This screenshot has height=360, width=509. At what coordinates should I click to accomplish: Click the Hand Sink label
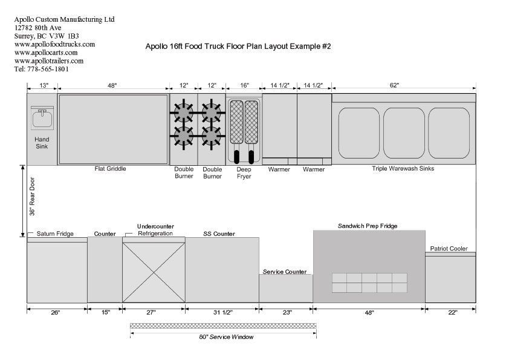[42, 143]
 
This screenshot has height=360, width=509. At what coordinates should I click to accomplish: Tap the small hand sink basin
[42, 117]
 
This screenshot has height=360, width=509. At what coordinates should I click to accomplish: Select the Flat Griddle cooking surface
[113, 129]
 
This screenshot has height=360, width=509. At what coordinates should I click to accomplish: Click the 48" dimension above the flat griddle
[112, 86]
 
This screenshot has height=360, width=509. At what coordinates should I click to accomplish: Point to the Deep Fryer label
[244, 173]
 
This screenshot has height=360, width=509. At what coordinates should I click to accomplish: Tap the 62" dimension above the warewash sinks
[394, 86]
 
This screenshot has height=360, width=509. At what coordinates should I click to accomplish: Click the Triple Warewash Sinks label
[403, 169]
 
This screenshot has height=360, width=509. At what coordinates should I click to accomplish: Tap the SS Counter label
[219, 234]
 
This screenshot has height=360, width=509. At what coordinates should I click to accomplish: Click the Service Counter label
[284, 272]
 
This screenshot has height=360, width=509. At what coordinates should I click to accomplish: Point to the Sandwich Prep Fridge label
[368, 226]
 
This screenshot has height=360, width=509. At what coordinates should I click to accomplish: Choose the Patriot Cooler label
[449, 249]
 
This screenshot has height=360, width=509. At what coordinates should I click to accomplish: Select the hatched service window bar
[223, 326]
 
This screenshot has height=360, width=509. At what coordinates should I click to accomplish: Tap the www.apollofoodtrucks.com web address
[54, 44]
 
